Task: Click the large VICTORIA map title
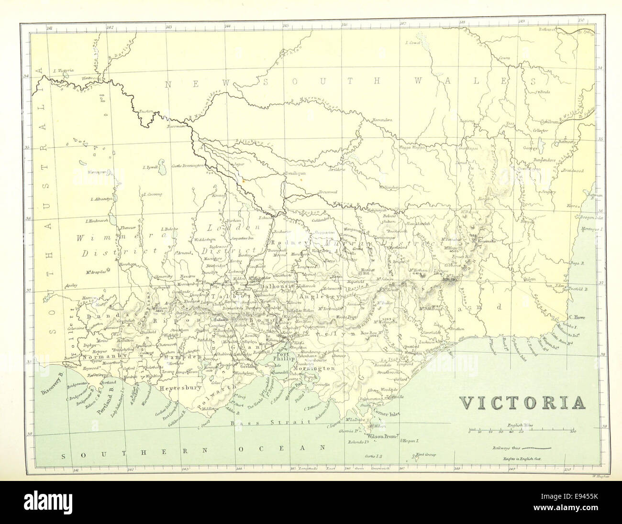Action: click(523, 403)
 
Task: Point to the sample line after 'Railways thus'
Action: click(536, 449)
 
